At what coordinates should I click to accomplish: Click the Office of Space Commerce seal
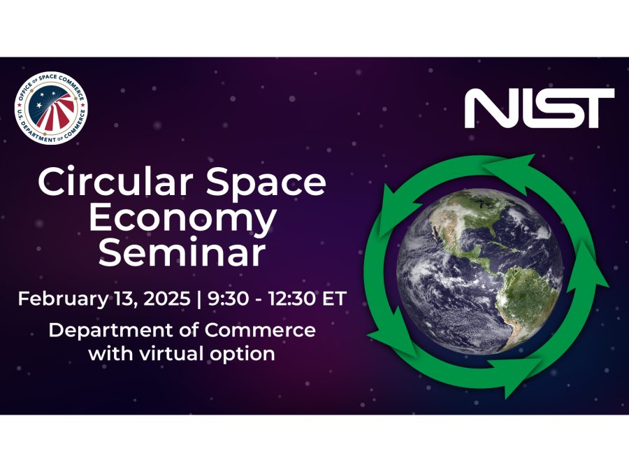(x=51, y=108)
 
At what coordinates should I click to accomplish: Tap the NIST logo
(x=539, y=108)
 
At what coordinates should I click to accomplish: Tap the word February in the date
(x=63, y=299)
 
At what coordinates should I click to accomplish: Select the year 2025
(x=167, y=299)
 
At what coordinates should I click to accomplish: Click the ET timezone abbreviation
(x=335, y=299)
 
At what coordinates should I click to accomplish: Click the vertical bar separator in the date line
(x=199, y=299)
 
